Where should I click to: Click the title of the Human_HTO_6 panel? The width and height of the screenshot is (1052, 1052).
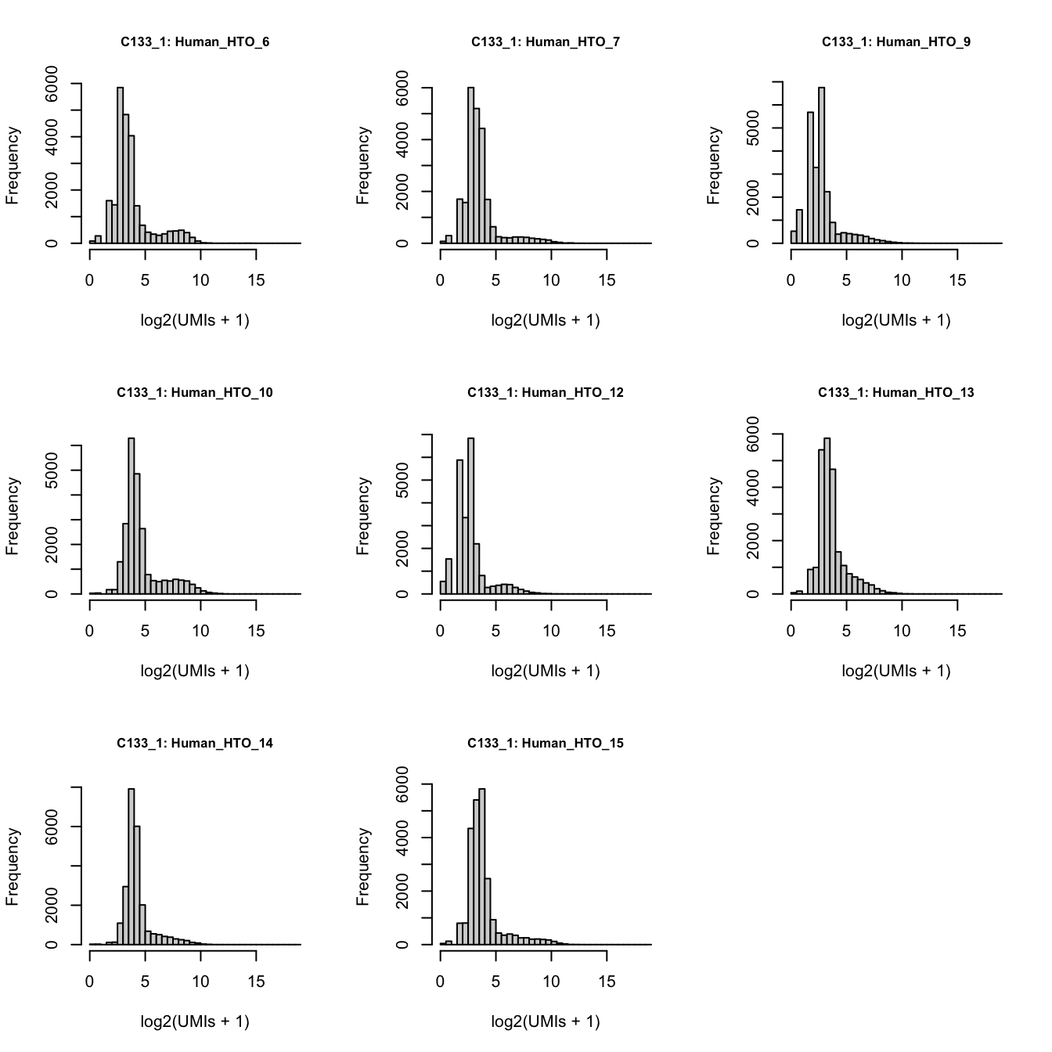195,42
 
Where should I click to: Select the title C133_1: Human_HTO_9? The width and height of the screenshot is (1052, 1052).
895,42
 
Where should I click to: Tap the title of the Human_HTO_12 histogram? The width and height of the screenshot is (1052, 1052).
546,393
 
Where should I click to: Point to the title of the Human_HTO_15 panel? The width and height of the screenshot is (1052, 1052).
546,744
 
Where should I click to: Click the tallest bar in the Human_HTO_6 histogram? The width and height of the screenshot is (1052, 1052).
120,165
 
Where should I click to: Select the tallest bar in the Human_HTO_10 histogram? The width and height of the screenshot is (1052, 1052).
131,516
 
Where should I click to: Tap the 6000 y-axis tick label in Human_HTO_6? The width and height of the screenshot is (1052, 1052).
52,84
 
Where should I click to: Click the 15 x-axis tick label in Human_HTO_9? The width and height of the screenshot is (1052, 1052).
957,281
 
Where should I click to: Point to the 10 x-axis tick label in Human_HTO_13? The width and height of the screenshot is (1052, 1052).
902,632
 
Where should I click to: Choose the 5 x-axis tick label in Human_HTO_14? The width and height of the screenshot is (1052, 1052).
145,982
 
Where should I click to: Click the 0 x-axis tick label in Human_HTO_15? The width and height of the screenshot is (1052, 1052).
440,982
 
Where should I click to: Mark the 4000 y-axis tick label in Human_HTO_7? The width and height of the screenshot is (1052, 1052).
402,140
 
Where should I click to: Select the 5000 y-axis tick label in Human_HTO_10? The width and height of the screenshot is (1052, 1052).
52,470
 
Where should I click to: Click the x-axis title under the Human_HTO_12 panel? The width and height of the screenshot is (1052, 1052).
546,671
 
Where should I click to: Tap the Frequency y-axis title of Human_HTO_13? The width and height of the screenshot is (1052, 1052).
714,517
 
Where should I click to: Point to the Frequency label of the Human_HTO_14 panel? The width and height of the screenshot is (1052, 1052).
13,867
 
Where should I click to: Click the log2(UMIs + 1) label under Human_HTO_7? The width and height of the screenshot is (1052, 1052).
546,320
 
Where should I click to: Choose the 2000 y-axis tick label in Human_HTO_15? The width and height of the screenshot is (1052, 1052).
402,892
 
